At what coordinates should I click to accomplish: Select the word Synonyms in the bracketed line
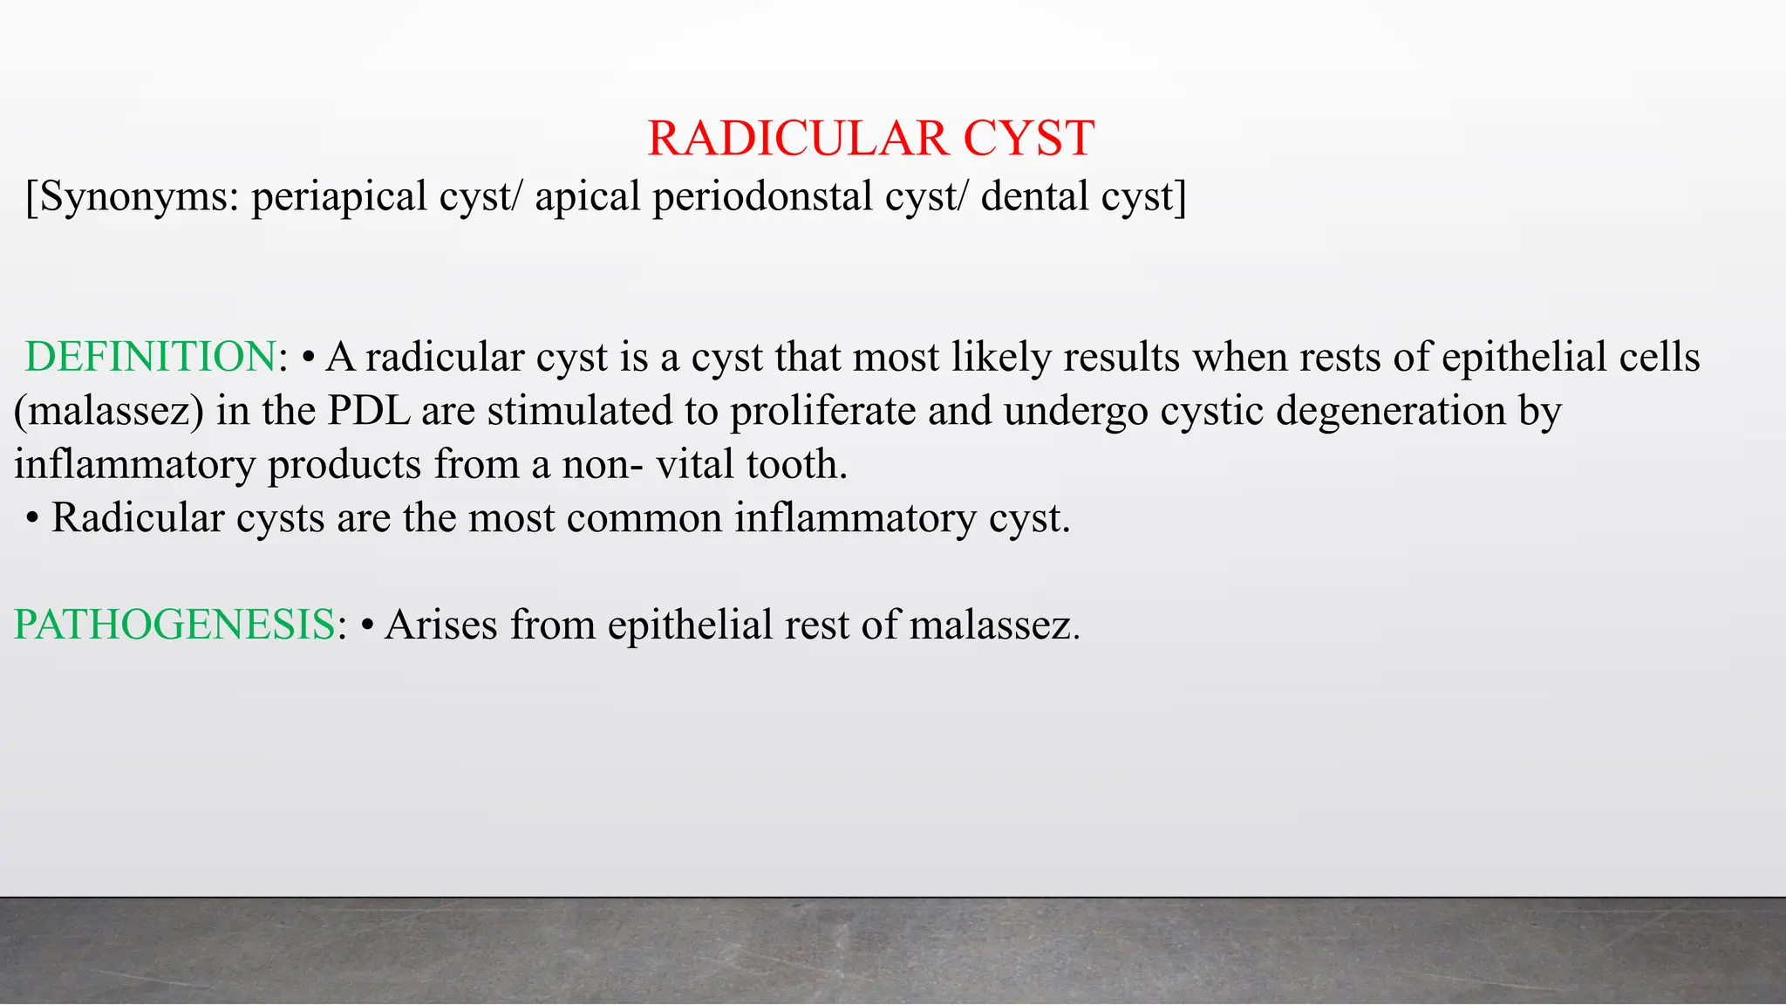[139, 197]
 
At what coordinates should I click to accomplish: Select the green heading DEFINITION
[150, 358]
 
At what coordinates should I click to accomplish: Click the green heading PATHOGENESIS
[174, 626]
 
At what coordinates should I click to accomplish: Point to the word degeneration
[1391, 411]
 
